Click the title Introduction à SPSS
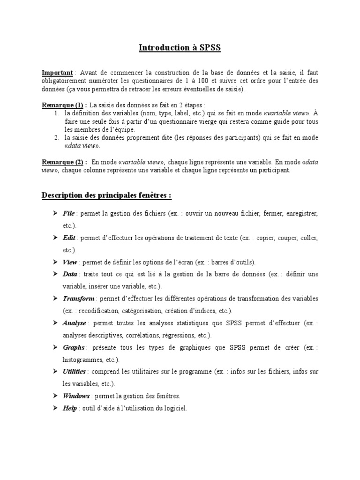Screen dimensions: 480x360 tap(180, 48)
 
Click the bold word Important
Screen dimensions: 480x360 tap(57, 73)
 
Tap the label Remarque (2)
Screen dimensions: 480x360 tap(64, 162)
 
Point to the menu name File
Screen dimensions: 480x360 tap(69, 213)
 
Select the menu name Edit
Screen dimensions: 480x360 tap(69, 238)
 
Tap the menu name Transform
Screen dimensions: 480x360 tap(78, 299)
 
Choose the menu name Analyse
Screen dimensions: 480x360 tap(75, 323)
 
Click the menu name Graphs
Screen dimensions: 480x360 tap(74, 347)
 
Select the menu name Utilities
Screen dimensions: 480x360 tap(74, 372)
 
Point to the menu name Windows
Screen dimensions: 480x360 tap(76, 396)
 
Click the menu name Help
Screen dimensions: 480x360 tap(69, 408)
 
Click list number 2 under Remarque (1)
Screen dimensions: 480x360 tap(56, 137)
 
